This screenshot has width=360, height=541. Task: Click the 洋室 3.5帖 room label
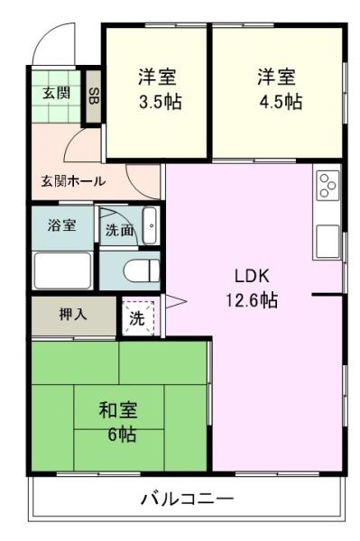pos(160,89)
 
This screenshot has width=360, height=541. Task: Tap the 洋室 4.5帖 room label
pos(280,89)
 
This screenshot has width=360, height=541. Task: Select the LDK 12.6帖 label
pos(252,288)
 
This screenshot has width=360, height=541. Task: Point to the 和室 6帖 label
pos(118,422)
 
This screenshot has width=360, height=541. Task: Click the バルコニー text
pos(188,499)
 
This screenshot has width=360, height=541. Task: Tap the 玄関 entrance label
pos(56,93)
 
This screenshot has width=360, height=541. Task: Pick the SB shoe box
pos(94,96)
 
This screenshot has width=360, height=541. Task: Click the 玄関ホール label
pos(73,181)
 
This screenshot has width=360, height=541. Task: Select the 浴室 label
pos(61,225)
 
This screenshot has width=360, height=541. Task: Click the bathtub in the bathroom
pos(63,270)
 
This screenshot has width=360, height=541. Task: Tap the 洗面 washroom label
pos(119,231)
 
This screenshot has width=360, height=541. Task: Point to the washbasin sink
pos(151,225)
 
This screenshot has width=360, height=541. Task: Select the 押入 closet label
pos(73,315)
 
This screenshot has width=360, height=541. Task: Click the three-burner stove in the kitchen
pos(327,185)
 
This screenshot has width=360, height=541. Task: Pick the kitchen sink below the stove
pos(327,241)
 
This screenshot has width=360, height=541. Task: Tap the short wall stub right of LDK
pos(328,295)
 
